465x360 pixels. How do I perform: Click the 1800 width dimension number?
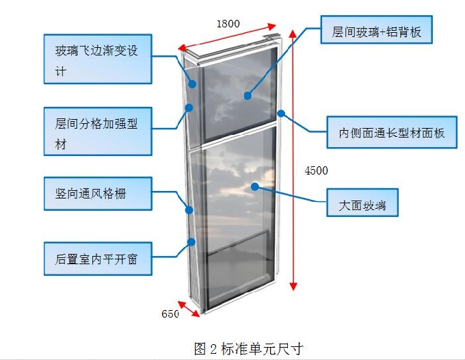[228, 23]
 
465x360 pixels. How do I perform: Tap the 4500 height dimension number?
[316, 170]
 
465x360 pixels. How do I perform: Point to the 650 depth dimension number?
[170, 314]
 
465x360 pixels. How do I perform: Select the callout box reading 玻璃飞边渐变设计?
[97, 60]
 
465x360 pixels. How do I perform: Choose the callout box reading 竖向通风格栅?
[97, 194]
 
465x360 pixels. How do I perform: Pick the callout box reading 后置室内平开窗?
[97, 259]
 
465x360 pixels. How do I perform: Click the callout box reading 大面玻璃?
[367, 205]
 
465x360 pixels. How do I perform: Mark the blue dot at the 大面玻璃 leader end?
[254, 186]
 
